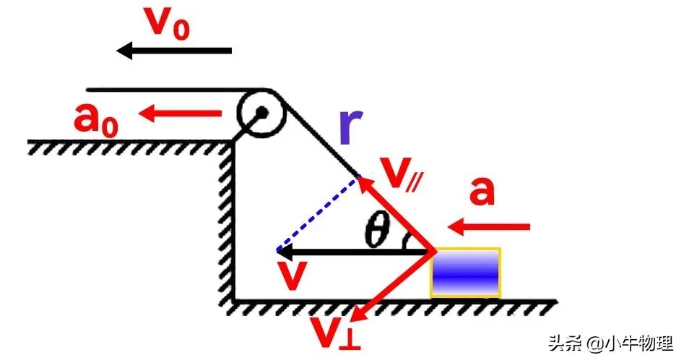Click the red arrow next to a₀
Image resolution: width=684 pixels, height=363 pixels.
tap(181, 113)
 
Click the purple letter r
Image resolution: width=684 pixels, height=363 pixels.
tap(351, 127)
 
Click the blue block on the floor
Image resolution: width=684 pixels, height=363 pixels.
tap(466, 272)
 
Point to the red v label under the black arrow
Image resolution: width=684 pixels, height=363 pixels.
tap(291, 278)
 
